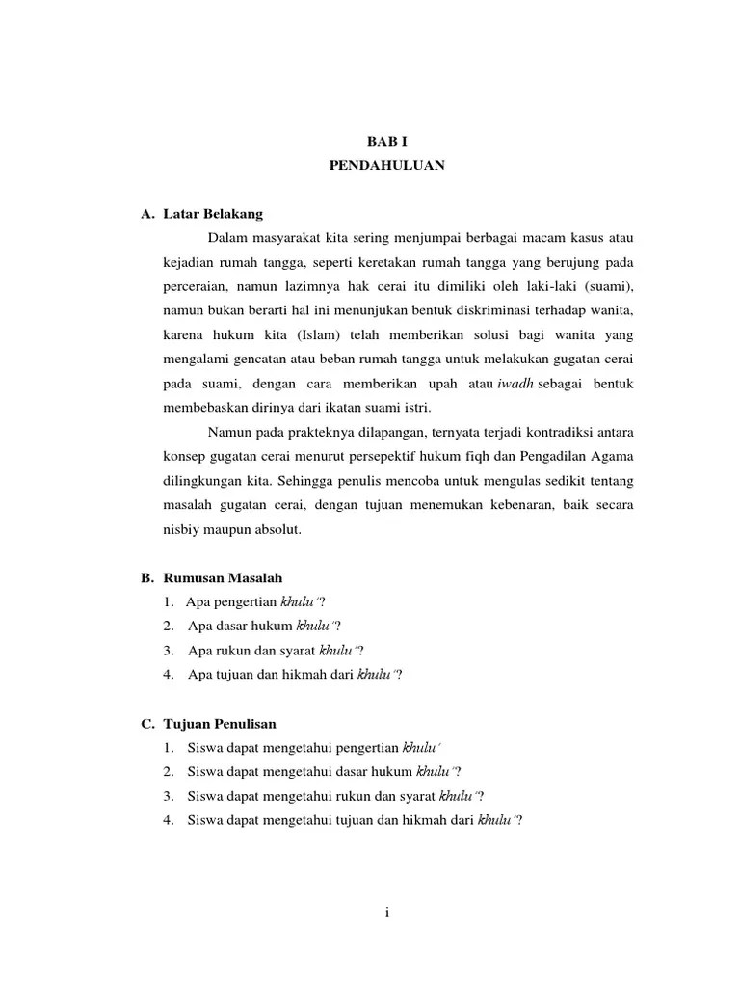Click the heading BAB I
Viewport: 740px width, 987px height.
tap(385, 141)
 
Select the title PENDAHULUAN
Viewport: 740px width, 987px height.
tap(385, 166)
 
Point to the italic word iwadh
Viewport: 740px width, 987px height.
tap(515, 384)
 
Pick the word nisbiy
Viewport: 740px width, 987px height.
tap(182, 529)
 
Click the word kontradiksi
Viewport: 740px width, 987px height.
tap(550, 431)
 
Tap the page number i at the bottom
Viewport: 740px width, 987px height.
tap(385, 913)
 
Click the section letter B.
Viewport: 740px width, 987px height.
tap(146, 578)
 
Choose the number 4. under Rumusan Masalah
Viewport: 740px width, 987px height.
tap(169, 675)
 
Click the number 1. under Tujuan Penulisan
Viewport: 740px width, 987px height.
tap(169, 748)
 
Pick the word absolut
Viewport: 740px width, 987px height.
tap(277, 529)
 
